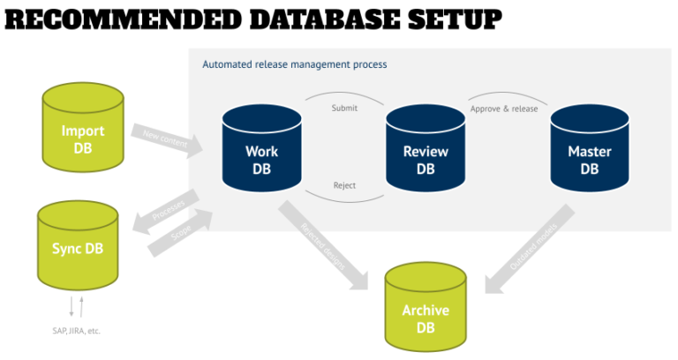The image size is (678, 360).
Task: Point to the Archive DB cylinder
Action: [426, 309]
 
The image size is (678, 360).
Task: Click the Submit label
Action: [344, 109]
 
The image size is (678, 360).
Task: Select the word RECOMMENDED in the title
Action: [110, 19]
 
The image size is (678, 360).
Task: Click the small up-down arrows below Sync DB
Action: [77, 306]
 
